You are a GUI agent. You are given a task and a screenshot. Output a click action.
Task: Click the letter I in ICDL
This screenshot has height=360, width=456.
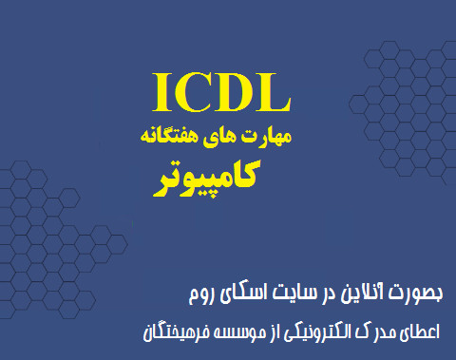(x=161, y=92)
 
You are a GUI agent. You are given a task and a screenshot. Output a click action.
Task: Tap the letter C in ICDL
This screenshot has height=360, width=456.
(x=195, y=92)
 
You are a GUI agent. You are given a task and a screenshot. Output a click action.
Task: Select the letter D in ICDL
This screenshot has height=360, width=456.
(x=235, y=92)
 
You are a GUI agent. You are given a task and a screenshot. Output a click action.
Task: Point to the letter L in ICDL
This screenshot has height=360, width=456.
(x=272, y=92)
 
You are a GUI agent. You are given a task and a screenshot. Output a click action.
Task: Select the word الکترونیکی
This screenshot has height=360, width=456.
(x=327, y=332)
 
